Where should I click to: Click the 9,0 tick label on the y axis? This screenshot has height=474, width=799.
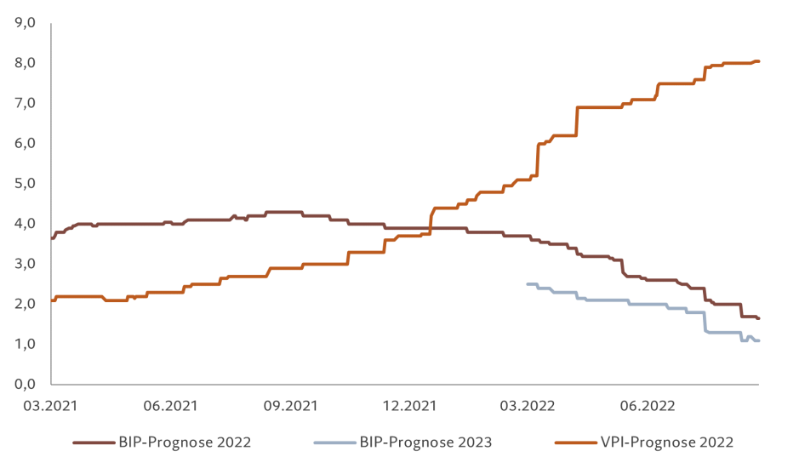tap(26, 23)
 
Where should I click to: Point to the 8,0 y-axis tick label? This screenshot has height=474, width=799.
tap(26, 63)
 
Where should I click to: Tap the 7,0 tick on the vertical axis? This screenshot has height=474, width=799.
tap(26, 103)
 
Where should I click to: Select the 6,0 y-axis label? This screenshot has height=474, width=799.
tap(26, 143)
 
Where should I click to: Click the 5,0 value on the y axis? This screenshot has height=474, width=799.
tap(26, 183)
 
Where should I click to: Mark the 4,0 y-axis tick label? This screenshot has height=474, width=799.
tap(26, 223)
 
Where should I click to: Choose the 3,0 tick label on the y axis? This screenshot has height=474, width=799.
tap(26, 264)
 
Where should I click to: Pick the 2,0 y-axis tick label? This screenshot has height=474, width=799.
tap(26, 304)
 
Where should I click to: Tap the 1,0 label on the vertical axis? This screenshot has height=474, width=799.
tap(26, 344)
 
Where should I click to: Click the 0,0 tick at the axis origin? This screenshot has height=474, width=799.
tap(26, 384)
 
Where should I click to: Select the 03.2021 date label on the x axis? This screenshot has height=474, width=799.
tap(52, 406)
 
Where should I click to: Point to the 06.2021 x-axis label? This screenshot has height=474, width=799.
tap(170, 406)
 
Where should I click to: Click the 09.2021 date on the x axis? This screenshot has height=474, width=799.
tap(288, 406)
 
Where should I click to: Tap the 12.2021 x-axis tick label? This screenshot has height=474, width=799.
tap(406, 406)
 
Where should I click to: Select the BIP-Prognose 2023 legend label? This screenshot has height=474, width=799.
tap(425, 443)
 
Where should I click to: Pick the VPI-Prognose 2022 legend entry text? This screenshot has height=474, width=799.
tap(666, 443)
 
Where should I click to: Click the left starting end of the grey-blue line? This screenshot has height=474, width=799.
tap(528, 284)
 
